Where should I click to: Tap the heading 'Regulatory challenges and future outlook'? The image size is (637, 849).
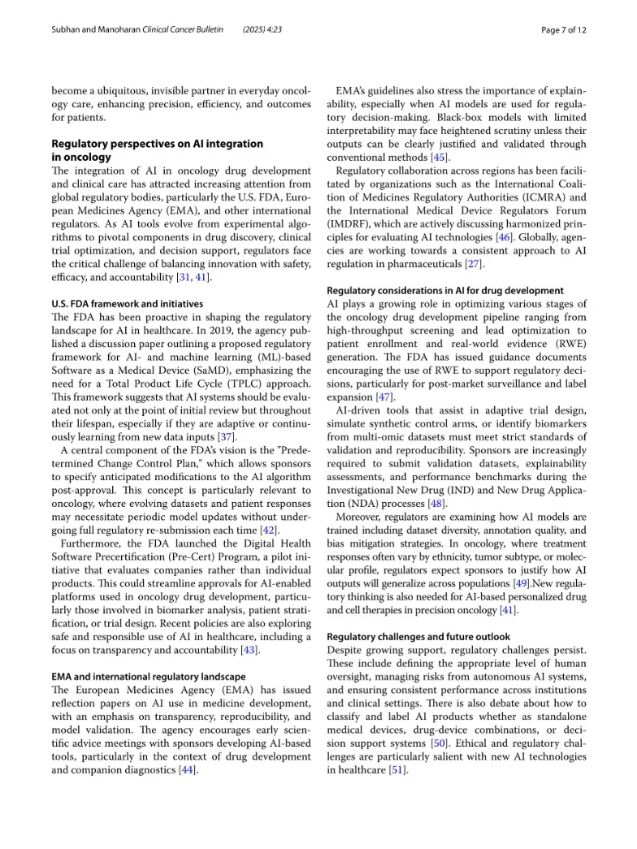418,637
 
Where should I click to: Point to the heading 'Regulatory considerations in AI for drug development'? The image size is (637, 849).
444,290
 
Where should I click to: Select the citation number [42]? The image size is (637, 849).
267,531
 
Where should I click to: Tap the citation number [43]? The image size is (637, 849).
250,650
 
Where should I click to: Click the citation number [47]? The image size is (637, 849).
384,396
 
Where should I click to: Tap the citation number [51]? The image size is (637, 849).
400,769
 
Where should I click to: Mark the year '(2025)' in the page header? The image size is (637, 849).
257,30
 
